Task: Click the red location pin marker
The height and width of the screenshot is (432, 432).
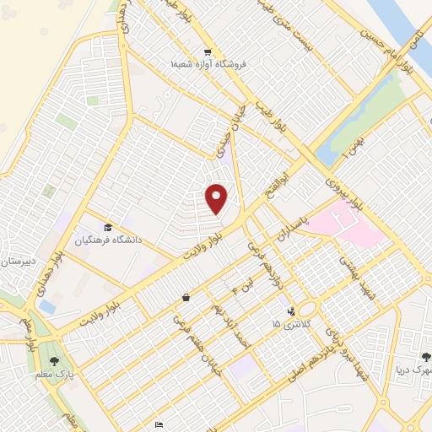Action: click(217, 198)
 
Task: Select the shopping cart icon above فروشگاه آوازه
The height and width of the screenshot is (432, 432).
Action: click(207, 51)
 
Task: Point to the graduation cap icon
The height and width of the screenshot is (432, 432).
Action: click(107, 227)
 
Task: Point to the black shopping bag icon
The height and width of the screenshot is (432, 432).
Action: click(186, 298)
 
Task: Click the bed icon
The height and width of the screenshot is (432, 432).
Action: click(159, 424)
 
